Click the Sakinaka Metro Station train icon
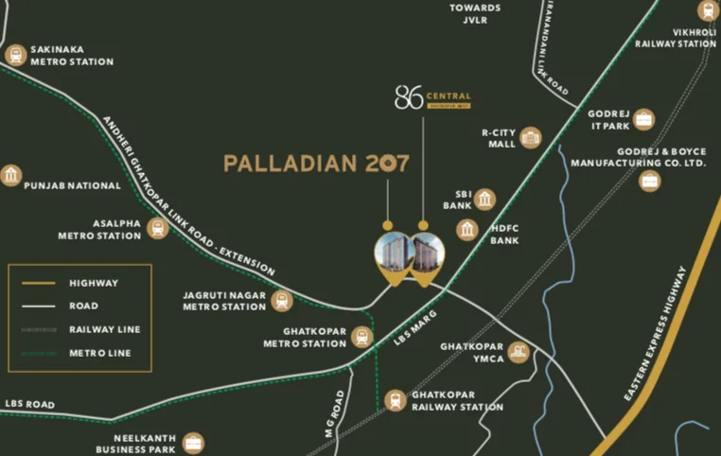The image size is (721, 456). point(15,55)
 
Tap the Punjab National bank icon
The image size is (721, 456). point(11,176)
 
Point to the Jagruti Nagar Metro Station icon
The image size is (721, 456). point(281,301)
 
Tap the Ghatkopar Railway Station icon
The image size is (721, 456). point(396,400)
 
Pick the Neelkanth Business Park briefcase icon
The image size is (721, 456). point(193,443)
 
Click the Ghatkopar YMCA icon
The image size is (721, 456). point(519,353)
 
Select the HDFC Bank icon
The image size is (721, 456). point(466,229)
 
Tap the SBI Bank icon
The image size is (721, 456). point(485,199)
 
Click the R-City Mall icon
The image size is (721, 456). point(530,138)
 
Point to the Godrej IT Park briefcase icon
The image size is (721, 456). point(644,119)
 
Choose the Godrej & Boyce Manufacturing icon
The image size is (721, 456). point(649,180)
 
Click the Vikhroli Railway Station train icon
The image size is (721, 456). point(707,11)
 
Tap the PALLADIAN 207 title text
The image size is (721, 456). point(316,164)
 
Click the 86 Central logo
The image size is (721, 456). point(431,99)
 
